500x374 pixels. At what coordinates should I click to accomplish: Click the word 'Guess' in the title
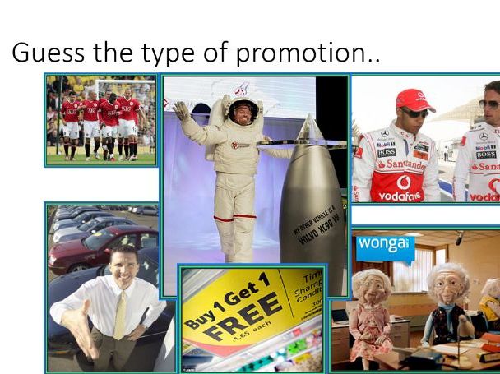coord(46,53)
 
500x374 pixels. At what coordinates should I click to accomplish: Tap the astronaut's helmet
coord(244,109)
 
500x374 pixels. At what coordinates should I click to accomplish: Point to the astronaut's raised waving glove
coord(182,110)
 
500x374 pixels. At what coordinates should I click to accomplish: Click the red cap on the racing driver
coord(414,99)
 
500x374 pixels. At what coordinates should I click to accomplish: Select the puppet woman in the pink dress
coord(371,312)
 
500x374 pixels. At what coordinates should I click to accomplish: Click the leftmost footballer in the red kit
coord(72,119)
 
